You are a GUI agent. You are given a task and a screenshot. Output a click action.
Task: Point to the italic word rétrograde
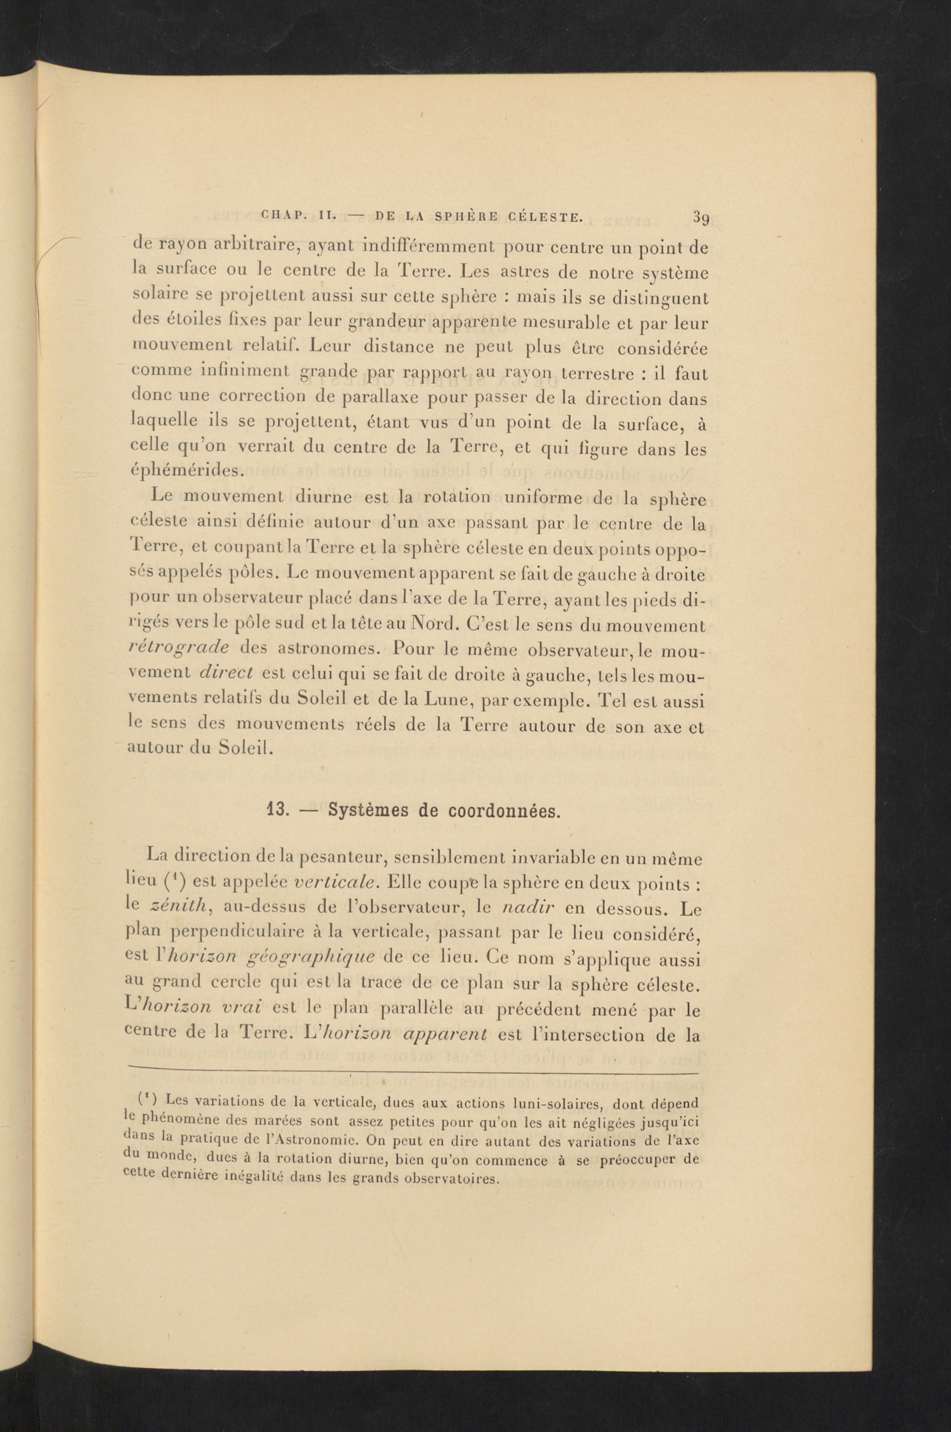coord(179,647)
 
